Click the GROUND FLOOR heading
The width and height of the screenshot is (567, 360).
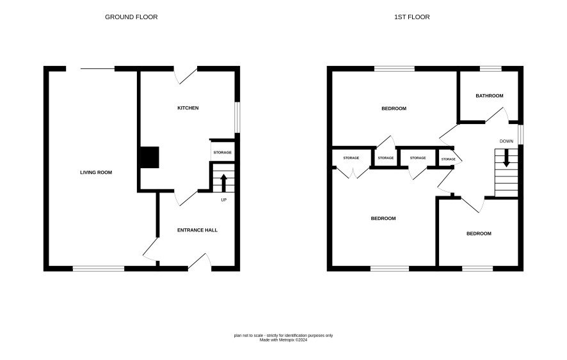coord(131,17)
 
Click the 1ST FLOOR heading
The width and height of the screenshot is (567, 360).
coord(412,17)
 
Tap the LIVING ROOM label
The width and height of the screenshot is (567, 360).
coord(96,173)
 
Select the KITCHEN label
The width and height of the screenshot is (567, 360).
coord(188,108)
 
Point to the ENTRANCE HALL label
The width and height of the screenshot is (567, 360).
coord(198,230)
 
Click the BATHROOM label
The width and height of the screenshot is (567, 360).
coord(490,96)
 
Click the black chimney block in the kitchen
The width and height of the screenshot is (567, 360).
coord(149,157)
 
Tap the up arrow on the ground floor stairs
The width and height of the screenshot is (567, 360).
coord(223,183)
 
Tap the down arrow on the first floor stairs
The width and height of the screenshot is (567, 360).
coord(506,158)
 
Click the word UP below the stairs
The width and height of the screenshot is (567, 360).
coord(224,200)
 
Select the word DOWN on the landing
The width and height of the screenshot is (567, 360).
coord(506,141)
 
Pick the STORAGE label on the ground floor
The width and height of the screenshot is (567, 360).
coord(223,153)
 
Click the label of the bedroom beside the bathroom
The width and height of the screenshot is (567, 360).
coord(394,109)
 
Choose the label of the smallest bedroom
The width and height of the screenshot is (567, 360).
coord(479,233)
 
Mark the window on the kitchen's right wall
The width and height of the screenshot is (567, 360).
coord(237,118)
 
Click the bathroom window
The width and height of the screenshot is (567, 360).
coord(491,68)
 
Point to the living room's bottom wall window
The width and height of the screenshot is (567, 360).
coord(99,269)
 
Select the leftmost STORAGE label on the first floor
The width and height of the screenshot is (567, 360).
coord(351,158)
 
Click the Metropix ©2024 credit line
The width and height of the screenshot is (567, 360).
coord(283,340)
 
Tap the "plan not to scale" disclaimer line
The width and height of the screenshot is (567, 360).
coord(283,336)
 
